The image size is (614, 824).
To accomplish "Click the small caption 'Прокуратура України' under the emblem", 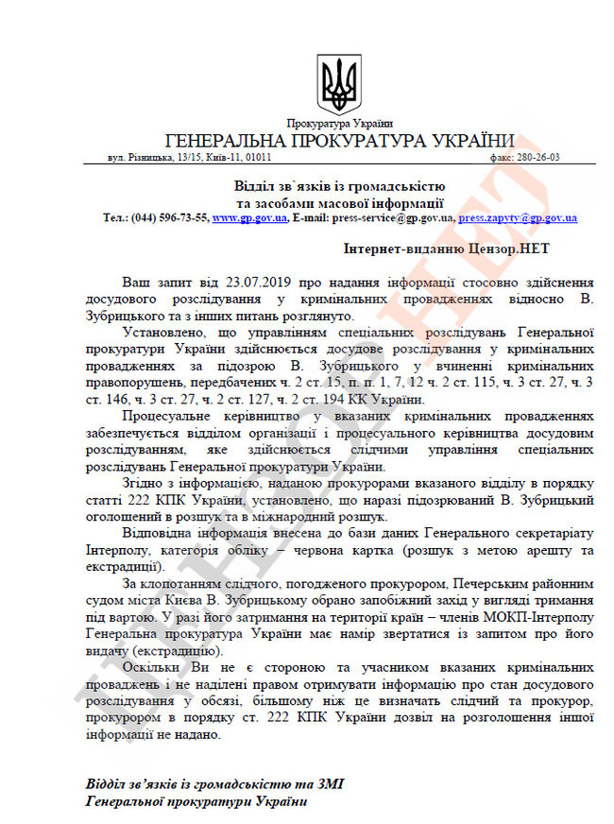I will pos(340,124).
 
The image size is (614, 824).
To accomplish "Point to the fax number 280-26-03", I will pos(554,158).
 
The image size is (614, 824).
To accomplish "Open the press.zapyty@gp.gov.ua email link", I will pos(518,217).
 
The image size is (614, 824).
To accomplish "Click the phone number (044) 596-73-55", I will pos(175,217).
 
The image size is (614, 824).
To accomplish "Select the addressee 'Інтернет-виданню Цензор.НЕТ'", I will pos(447,249).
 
